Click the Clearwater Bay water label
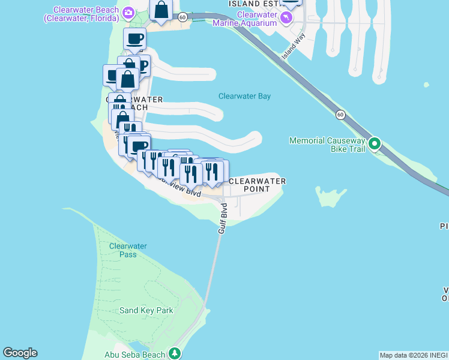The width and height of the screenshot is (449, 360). (x=244, y=96)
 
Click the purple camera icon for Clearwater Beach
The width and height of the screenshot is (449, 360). (x=128, y=13)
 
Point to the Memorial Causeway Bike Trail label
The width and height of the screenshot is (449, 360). (x=327, y=145)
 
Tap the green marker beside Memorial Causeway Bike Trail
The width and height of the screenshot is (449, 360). (x=375, y=144)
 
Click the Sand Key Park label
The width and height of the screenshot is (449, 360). (x=146, y=310)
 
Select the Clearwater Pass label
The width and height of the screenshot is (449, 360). (x=123, y=250)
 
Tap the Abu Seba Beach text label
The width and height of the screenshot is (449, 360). (x=134, y=355)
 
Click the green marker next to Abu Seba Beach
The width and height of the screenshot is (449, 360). (x=175, y=353)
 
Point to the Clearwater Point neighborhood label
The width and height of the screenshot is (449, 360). (x=256, y=185)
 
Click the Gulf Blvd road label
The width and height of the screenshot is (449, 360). (x=223, y=218)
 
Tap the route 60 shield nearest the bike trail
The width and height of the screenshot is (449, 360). (x=340, y=114)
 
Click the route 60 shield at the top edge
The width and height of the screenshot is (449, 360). (x=182, y=17)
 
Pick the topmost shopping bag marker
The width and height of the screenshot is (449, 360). (x=161, y=10)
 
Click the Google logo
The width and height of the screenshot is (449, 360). (x=20, y=353)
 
